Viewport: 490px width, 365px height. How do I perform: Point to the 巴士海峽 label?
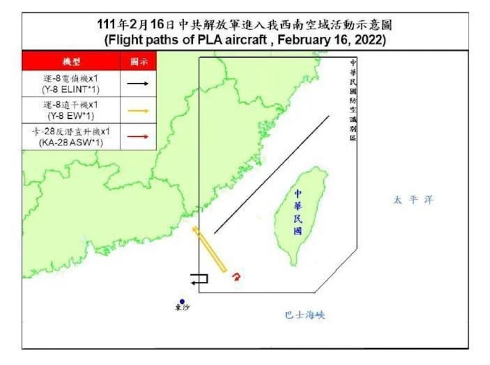click(304, 315)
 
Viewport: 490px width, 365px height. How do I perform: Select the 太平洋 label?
click(409, 200)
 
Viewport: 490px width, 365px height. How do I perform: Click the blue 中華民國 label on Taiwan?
click(298, 212)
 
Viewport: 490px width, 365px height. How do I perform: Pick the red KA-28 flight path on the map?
click(236, 277)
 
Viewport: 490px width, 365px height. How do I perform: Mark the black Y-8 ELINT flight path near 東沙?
click(199, 279)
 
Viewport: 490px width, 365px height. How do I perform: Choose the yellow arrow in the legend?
click(140, 111)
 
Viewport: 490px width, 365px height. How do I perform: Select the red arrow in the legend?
click(140, 137)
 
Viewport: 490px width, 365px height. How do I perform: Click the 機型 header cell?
click(72, 62)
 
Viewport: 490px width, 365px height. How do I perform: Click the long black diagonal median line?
click(271, 175)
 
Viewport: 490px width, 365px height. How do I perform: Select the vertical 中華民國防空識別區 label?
click(353, 101)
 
